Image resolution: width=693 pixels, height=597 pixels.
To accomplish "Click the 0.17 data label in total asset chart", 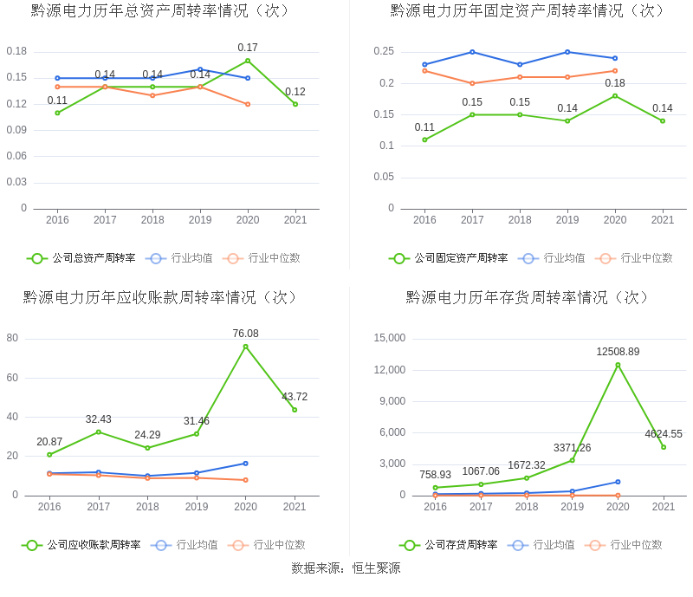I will (248, 48).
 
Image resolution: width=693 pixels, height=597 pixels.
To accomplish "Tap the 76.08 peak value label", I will (245, 334).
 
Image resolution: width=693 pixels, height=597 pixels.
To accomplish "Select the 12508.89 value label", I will (618, 352).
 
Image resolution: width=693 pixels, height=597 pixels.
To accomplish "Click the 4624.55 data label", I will (664, 434).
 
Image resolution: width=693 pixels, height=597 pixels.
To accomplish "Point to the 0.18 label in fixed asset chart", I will (615, 83).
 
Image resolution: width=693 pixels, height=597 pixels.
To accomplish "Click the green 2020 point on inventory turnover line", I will (618, 365).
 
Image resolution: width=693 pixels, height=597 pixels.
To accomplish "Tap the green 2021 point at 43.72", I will (295, 410).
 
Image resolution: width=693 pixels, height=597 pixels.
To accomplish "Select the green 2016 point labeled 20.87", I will (49, 454).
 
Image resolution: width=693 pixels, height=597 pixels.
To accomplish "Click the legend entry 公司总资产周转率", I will (94, 258).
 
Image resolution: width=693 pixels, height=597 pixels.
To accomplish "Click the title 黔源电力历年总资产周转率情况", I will (160, 11).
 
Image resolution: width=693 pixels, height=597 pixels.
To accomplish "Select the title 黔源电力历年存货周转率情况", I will (528, 297).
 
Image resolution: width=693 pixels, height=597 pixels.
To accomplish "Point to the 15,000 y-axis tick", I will (389, 338).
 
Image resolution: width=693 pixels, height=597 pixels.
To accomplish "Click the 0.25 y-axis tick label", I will (384, 52).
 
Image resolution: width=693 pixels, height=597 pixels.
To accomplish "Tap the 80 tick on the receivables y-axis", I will (12, 338).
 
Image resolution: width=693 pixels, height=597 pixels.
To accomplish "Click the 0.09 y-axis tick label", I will (16, 130).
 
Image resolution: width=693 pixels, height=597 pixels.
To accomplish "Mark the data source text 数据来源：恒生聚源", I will (346, 568).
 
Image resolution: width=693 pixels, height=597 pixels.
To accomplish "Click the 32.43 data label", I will (98, 419).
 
